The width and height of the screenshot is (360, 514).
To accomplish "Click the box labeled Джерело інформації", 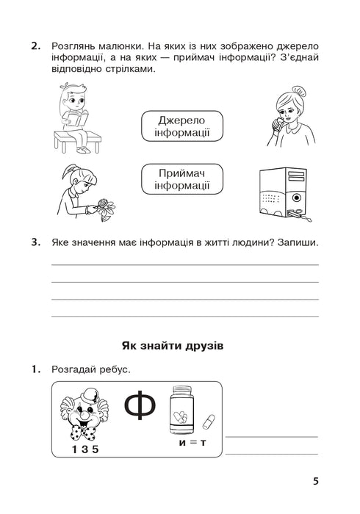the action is (x=181, y=126).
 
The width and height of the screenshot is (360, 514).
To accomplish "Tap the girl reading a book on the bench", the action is (x=75, y=117).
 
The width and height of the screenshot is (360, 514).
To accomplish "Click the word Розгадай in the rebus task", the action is (x=76, y=369).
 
